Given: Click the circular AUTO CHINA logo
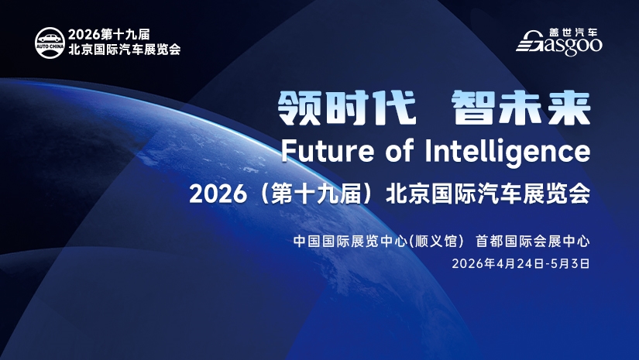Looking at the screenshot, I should (50, 41).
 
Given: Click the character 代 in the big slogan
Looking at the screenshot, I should (396, 108).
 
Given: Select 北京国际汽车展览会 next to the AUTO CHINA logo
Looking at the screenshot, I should (124, 49).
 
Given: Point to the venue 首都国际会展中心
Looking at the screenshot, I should (533, 241).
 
